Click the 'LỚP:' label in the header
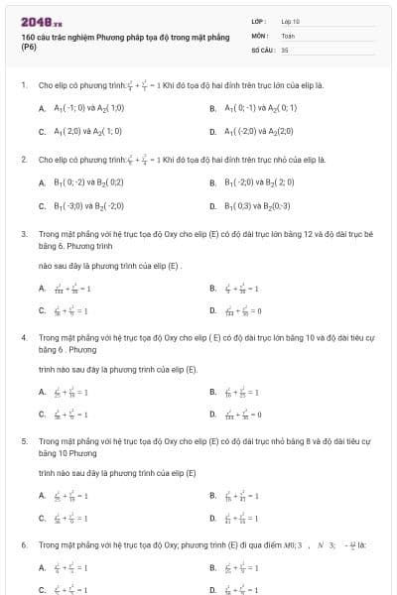coord(259,21)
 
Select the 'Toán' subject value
coord(288,34)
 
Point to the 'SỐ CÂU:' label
coord(263,48)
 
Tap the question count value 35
coord(285,48)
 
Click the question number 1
coord(23,85)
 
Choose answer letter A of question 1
coord(42,107)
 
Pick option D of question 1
coord(213,130)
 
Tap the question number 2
coord(23,159)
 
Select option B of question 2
coord(213,182)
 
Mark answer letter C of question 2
coord(42,205)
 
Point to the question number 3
coord(23,234)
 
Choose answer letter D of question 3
coord(213,310)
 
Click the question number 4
coord(23,337)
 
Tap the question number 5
coord(23,440)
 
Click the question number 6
coord(23,544)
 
